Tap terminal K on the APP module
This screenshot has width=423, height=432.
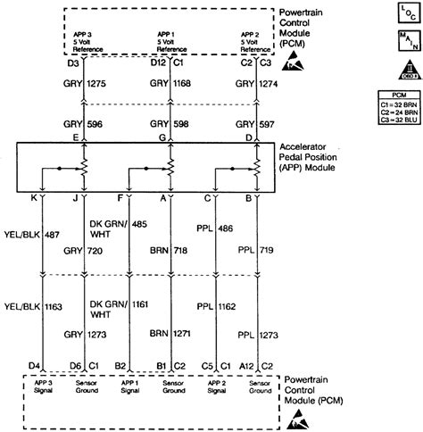point(41,200)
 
